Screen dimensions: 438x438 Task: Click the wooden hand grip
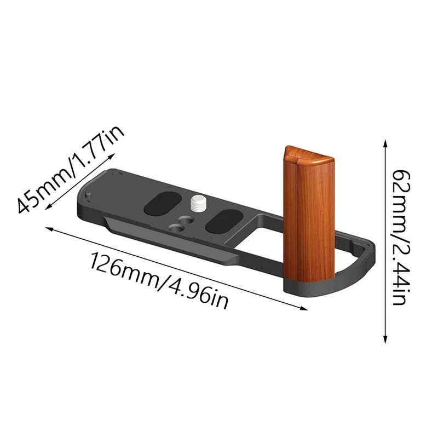tap(309, 219)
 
